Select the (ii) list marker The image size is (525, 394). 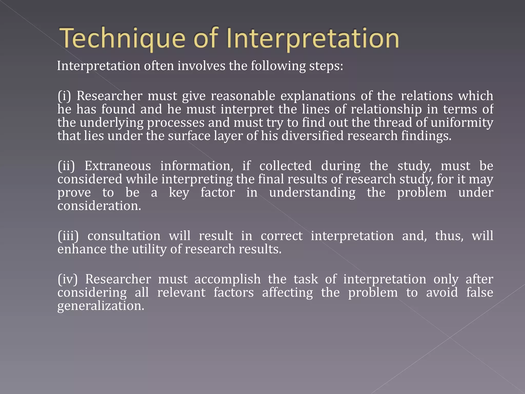pos(66,166)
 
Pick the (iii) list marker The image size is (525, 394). pos(68,236)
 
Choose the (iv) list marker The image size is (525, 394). pos(67,279)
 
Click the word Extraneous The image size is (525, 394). pos(118,166)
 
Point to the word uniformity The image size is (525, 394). pos(462,123)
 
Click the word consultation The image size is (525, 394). pos(124,236)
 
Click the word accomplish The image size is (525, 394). pos(227,279)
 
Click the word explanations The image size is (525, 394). pos(318,96)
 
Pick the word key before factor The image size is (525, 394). pos(179,193)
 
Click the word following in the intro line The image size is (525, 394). pos(278,66)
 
